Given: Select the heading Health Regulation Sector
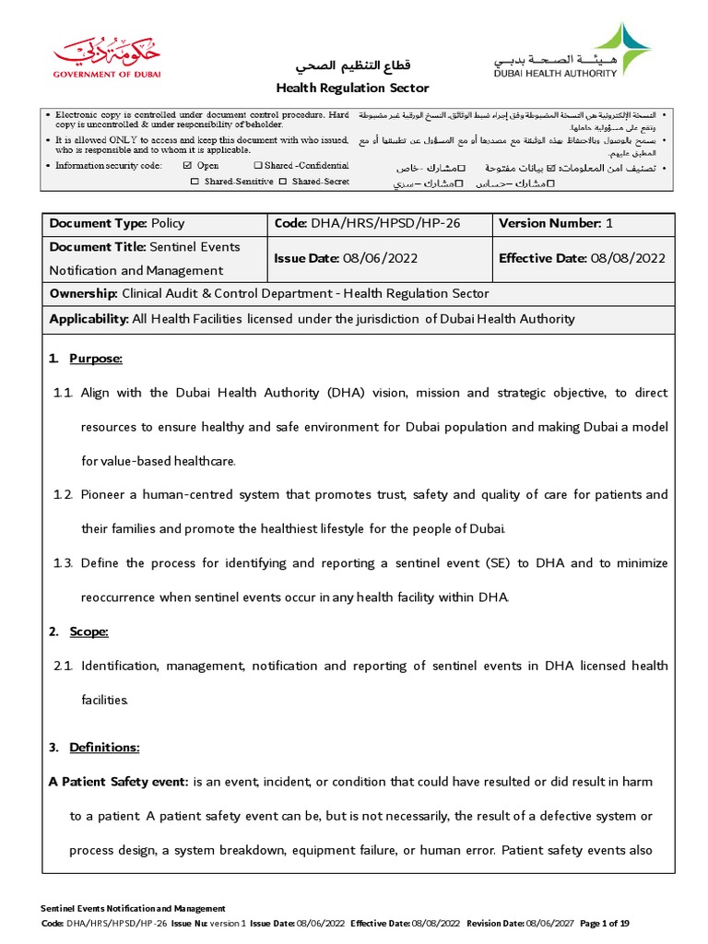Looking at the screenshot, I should (x=354, y=88).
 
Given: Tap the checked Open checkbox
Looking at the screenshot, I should (x=188, y=166).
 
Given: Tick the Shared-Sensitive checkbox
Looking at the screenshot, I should (x=195, y=182).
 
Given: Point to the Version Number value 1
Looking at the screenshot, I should (x=609, y=223).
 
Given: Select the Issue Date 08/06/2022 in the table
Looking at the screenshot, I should (x=380, y=258).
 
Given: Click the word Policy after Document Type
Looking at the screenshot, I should (x=168, y=223).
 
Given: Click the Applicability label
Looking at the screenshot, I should (x=88, y=319).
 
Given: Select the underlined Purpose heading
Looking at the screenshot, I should (x=96, y=358).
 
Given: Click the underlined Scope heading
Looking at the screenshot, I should (x=88, y=631).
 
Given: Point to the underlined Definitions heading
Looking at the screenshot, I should (x=104, y=747).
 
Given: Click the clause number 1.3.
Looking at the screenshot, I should (x=63, y=563).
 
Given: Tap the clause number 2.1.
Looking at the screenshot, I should (x=63, y=666).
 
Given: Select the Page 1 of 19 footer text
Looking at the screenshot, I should (x=611, y=923).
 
